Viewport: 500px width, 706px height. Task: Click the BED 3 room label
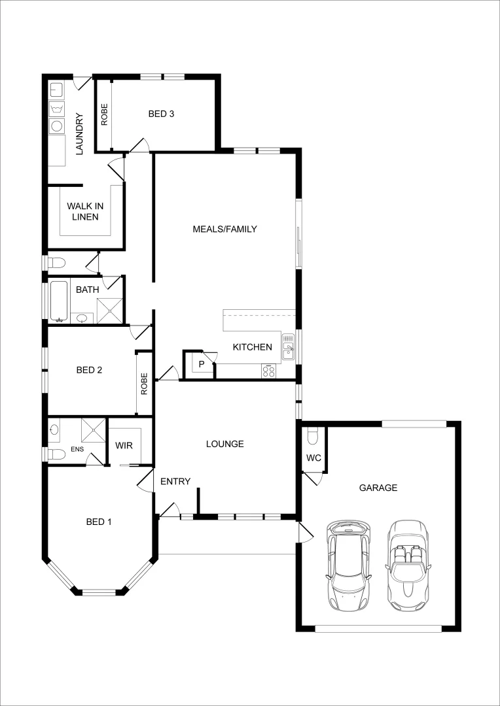click(161, 114)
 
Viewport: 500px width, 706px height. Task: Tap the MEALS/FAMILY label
click(224, 229)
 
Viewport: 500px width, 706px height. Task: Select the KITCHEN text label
click(252, 347)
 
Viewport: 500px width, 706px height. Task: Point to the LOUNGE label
click(224, 444)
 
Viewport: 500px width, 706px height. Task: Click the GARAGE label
click(378, 488)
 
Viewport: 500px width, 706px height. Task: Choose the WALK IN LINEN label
click(85, 211)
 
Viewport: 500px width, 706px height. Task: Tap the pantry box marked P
click(202, 364)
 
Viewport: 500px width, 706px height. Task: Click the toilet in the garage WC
click(313, 435)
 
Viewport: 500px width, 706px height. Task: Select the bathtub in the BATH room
click(60, 301)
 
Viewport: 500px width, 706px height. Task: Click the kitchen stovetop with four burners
click(269, 371)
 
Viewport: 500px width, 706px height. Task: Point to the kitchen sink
click(288, 346)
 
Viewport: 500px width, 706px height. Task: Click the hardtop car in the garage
click(349, 565)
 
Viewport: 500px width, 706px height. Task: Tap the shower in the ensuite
click(93, 430)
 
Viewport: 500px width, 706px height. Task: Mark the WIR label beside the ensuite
click(124, 445)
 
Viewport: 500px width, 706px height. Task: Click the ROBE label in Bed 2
click(144, 384)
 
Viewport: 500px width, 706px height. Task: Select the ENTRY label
click(175, 482)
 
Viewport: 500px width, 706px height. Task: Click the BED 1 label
click(99, 522)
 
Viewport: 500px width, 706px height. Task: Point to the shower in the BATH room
click(109, 311)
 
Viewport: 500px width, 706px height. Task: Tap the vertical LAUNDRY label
click(80, 134)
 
